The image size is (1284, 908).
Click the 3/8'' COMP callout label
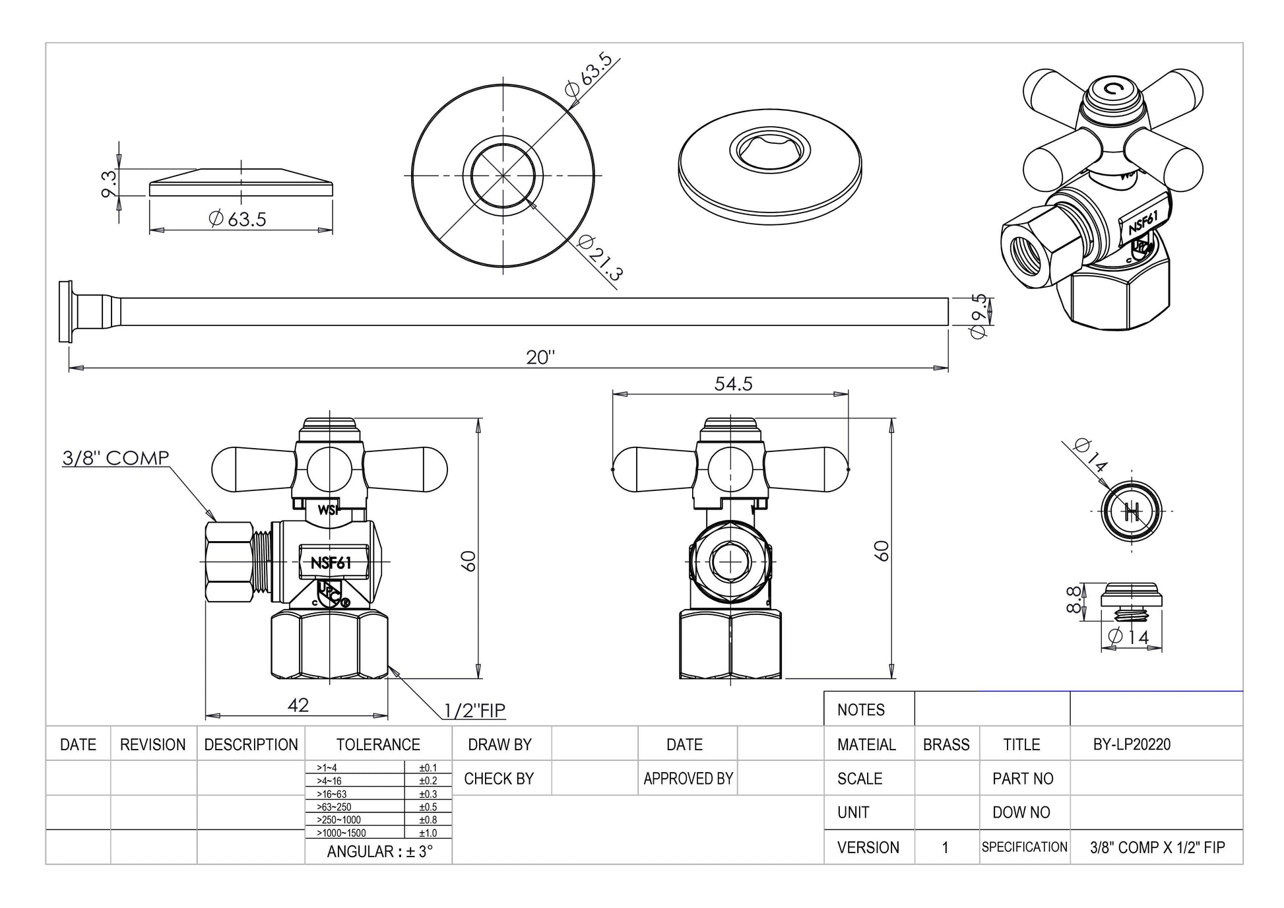click(x=115, y=458)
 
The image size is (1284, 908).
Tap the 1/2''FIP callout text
click(x=474, y=710)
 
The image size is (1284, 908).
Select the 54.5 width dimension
click(x=733, y=384)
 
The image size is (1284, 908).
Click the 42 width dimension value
click(x=298, y=705)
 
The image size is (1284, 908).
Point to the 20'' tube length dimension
click(x=540, y=357)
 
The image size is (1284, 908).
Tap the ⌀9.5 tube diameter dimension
click(x=979, y=316)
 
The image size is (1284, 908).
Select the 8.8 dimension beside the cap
click(x=1074, y=599)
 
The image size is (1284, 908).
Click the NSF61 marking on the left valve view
click(x=331, y=563)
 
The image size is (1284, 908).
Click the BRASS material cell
click(x=946, y=745)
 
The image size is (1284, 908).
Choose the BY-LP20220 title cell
click(x=1132, y=745)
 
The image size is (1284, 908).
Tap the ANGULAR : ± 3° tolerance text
click(x=379, y=851)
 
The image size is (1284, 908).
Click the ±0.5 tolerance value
click(x=428, y=807)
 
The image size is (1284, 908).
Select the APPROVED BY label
click(x=688, y=779)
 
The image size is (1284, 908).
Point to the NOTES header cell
click(x=860, y=710)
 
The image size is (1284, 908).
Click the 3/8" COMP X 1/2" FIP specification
click(x=1157, y=847)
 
